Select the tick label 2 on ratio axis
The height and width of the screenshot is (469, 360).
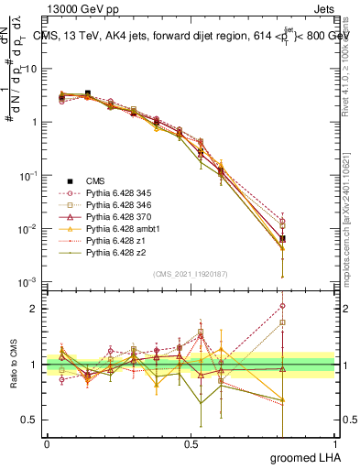(33, 309)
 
